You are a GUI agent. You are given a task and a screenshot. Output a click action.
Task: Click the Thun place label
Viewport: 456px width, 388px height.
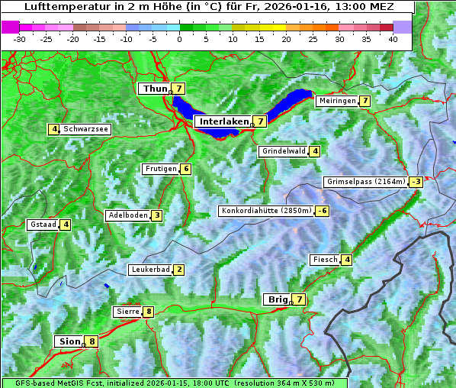click(155, 89)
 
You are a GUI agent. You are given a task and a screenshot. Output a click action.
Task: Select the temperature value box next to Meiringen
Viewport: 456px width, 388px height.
click(365, 101)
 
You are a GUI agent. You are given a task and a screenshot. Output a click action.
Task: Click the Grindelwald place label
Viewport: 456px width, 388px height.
click(284, 151)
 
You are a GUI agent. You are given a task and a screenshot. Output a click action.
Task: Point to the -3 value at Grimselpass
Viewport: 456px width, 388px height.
click(416, 182)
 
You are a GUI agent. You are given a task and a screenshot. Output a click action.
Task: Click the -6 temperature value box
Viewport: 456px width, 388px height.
click(323, 211)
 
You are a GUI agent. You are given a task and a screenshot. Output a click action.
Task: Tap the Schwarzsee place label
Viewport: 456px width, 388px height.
click(86, 129)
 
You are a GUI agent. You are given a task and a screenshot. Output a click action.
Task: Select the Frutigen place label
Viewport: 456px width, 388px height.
click(161, 169)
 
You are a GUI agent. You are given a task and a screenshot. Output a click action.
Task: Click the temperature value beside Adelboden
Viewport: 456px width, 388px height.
click(156, 215)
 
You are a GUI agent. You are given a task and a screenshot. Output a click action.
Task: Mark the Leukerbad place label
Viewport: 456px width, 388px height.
click(150, 270)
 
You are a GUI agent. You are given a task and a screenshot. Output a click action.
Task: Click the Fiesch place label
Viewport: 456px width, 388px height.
click(325, 260)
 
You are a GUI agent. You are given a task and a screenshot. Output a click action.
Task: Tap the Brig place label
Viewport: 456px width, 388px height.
click(276, 299)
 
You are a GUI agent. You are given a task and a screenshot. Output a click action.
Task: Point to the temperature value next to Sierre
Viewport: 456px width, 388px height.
click(148, 312)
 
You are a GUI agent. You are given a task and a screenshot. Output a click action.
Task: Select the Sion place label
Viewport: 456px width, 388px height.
click(68, 341)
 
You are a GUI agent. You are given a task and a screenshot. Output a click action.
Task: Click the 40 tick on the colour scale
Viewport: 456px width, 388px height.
click(393, 39)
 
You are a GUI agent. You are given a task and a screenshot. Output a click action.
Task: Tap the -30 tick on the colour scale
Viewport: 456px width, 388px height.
click(20, 39)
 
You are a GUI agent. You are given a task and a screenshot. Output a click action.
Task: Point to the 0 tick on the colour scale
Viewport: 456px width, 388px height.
click(179, 39)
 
